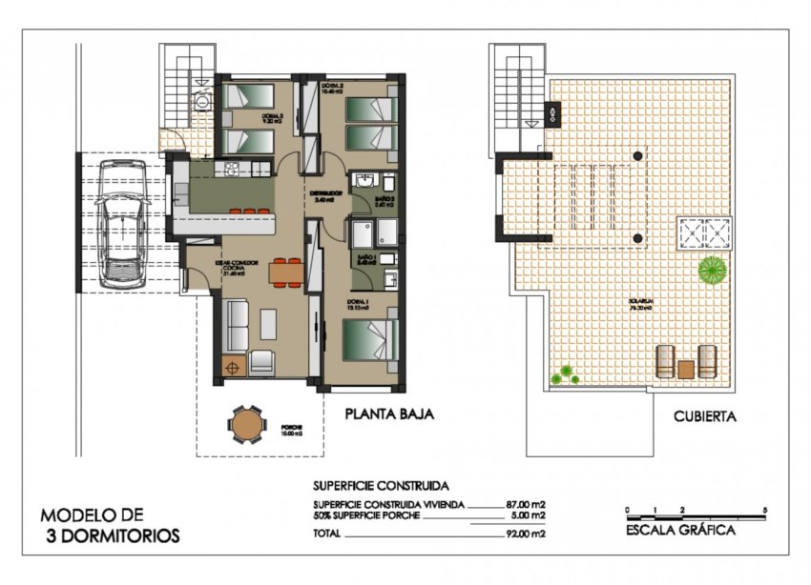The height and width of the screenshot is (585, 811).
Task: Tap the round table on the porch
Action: [246, 424]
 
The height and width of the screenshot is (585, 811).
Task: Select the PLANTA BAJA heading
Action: [389, 414]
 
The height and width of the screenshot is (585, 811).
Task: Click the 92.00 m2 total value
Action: [525, 534]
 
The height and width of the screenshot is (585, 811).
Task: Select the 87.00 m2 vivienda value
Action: [525, 504]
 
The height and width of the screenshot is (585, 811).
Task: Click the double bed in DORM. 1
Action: [369, 340]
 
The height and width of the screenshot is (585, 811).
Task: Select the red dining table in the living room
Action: [285, 272]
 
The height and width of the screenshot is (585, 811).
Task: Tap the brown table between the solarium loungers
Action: [685, 367]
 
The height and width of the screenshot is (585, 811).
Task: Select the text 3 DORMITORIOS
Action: [112, 535]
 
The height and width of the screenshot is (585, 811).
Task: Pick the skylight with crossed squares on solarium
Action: [704, 232]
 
